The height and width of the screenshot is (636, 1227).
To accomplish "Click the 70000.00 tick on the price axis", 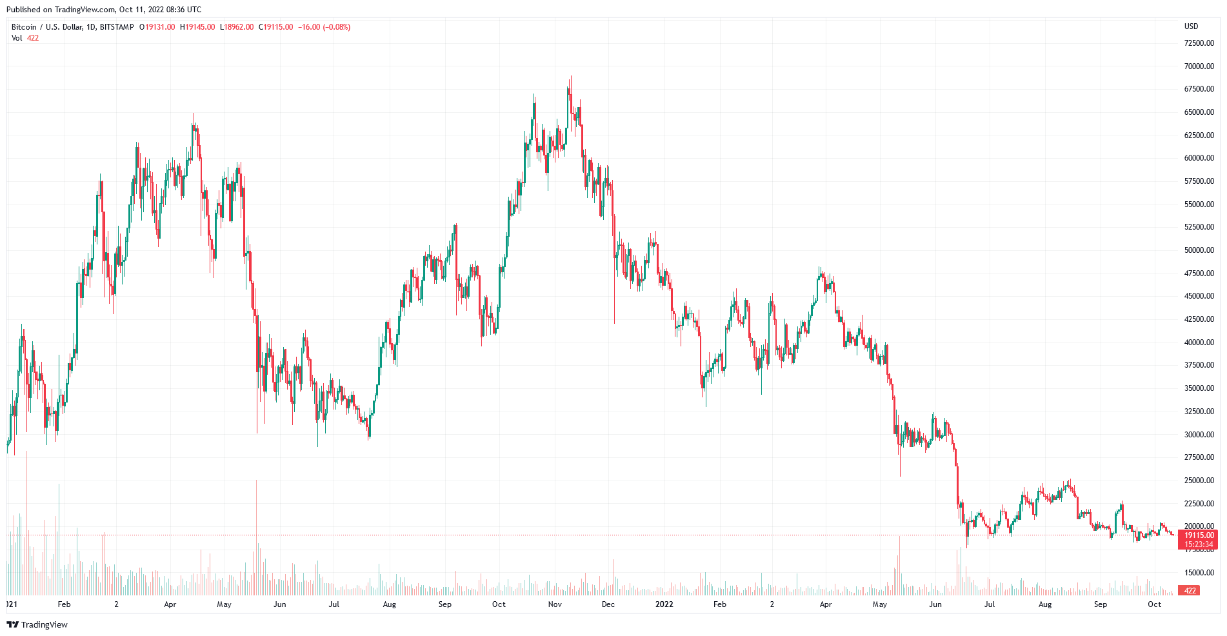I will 1199,66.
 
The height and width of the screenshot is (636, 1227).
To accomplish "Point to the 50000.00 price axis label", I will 1199,250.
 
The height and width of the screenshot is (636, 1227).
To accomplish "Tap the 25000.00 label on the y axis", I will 1199,481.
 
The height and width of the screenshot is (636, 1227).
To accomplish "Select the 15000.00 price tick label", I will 1199,573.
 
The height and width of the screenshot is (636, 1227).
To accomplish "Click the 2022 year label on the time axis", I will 664,604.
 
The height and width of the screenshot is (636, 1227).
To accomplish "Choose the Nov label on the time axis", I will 555,604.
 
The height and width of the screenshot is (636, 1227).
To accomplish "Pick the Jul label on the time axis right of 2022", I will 989,604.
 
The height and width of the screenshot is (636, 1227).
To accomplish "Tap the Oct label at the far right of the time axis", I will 1154,604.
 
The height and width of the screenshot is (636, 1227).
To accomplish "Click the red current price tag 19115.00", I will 1199,535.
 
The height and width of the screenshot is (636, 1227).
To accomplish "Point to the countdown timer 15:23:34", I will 1199,544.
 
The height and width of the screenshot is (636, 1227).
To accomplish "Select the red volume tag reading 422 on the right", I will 1190,590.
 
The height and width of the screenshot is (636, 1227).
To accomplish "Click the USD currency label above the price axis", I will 1191,26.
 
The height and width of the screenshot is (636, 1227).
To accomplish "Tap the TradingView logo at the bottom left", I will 37,624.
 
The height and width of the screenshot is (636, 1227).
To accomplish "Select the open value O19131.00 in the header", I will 157,27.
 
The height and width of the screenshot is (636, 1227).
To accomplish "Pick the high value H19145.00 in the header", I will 197,27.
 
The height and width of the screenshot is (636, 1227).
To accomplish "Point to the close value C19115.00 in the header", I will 275,27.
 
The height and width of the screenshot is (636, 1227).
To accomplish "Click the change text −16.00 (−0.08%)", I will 324,27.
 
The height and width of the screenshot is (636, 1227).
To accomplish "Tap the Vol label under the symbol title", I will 17,38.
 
